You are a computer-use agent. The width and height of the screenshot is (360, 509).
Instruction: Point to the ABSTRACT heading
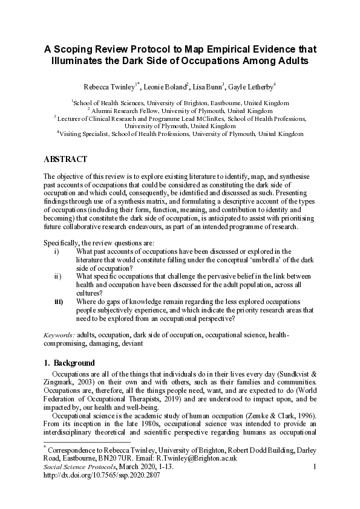pyautogui.click(x=65, y=160)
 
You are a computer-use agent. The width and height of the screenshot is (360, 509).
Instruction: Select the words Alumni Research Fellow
pyautogui.click(x=122, y=111)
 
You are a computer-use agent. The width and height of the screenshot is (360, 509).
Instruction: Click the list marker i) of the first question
pyautogui.click(x=56, y=251)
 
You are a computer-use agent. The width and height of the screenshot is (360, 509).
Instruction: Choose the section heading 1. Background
pyautogui.click(x=69, y=363)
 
